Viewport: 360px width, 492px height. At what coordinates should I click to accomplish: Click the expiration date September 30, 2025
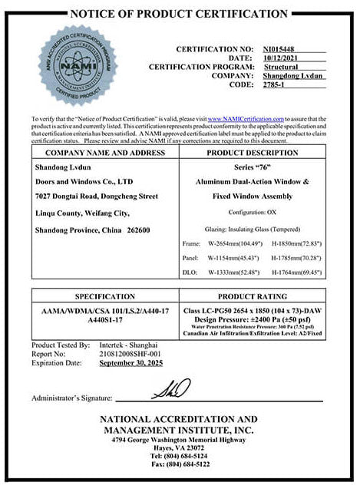(131, 363)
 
